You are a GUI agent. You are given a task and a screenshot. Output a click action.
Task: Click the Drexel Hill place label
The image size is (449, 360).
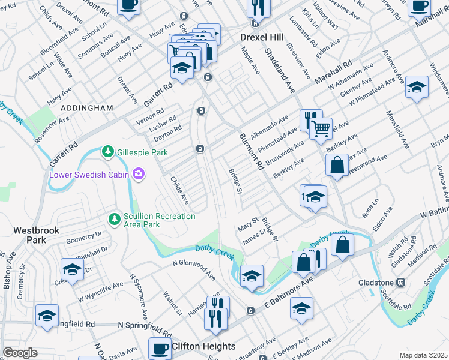pos(261,37)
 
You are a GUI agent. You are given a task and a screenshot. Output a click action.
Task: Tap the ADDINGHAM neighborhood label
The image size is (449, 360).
pos(86,108)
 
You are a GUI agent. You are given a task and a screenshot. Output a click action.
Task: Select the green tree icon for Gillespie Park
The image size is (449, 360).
pos(107,152)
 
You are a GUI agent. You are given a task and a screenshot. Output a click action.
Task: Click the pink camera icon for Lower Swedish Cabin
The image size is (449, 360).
pos(139,174)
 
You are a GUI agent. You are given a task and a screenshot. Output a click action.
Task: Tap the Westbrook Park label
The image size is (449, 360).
pos(29,235)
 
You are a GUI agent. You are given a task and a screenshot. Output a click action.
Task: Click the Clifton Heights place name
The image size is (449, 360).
pos(203,346)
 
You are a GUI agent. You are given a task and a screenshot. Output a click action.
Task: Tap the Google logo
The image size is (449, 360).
pos(19,352)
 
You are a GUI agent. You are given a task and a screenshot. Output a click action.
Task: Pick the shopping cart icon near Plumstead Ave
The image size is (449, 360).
pos(321,128)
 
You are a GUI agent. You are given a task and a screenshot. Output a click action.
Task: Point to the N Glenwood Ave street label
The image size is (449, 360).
pos(193,269)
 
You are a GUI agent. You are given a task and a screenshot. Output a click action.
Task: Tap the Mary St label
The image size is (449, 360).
pos(247,224)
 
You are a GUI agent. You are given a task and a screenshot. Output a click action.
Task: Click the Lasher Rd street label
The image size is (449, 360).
pos(162,122)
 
